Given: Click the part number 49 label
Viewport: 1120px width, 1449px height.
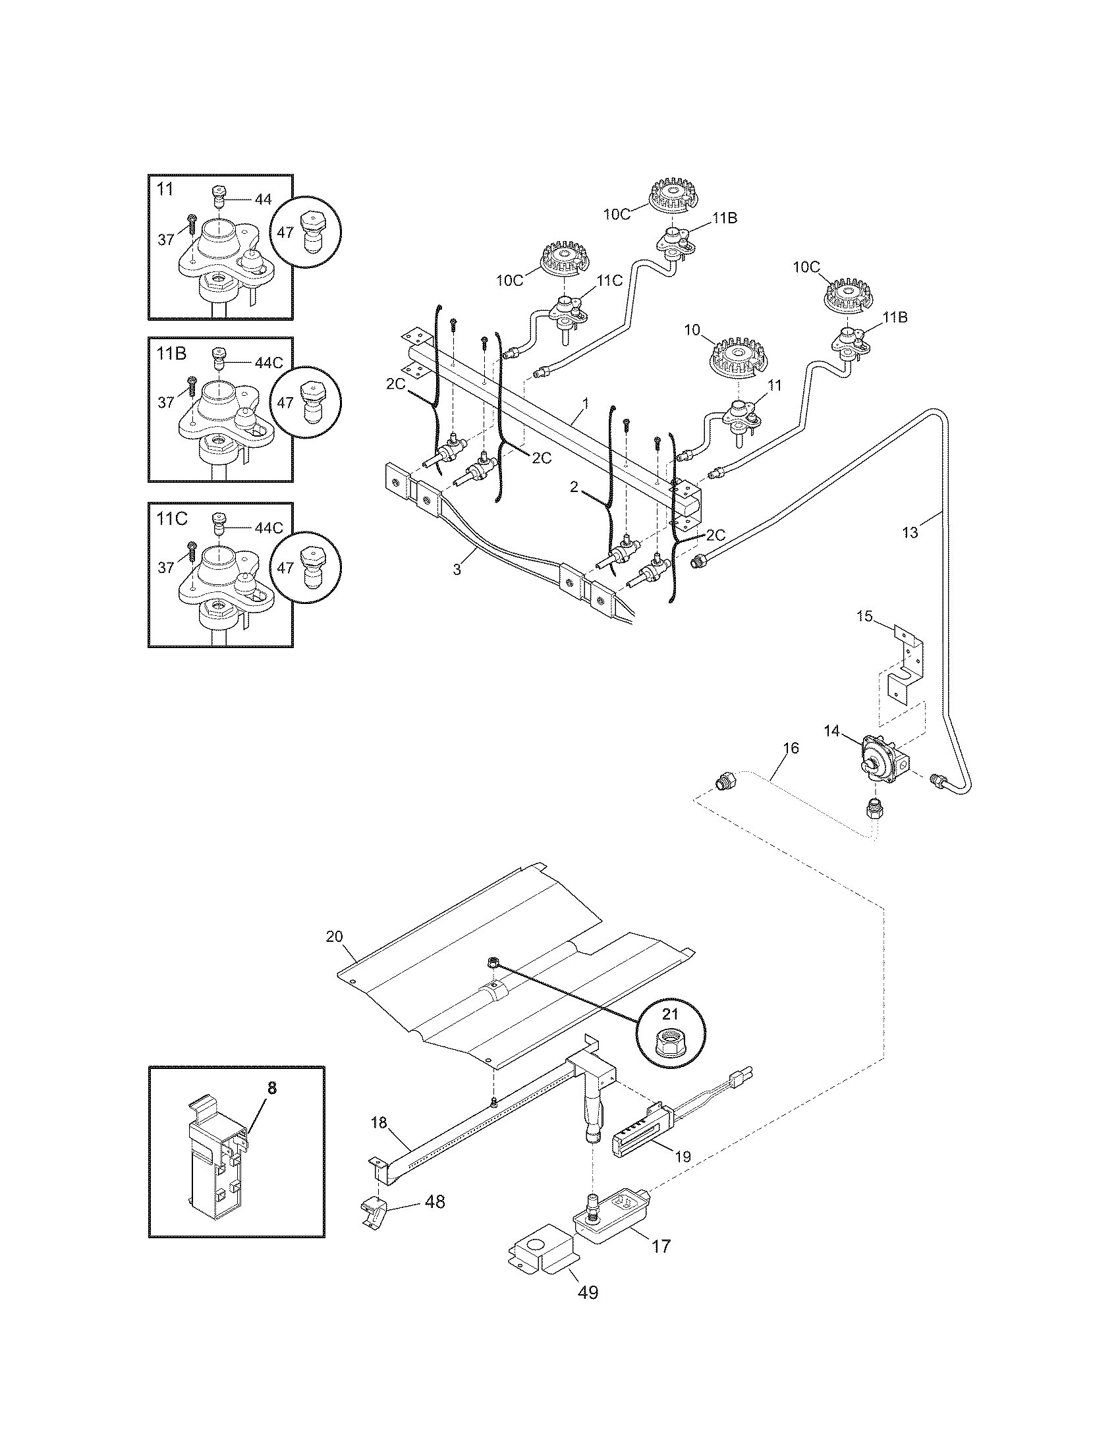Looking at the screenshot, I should pyautogui.click(x=588, y=1292).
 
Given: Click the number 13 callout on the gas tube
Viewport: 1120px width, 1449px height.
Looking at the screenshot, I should pyautogui.click(x=910, y=532).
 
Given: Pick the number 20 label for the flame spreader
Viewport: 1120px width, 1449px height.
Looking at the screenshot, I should pyautogui.click(x=335, y=936).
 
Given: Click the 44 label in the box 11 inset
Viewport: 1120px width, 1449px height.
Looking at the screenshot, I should pyautogui.click(x=263, y=199).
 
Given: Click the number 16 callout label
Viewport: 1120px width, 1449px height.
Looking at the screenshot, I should pyautogui.click(x=791, y=748).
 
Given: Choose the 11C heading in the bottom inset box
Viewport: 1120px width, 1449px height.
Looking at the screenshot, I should pyautogui.click(x=172, y=519).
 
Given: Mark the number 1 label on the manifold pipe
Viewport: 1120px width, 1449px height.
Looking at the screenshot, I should pyautogui.click(x=585, y=402).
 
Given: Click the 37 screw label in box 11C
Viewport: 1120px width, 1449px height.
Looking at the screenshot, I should pyautogui.click(x=166, y=567).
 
